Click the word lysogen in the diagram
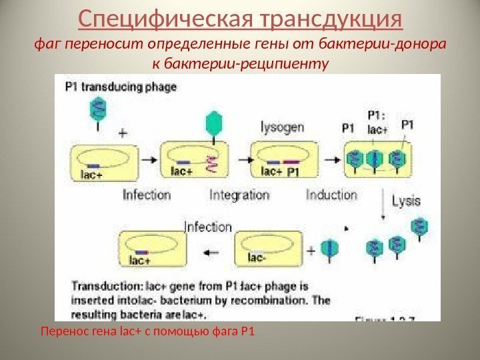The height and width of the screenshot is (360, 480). click(x=282, y=126)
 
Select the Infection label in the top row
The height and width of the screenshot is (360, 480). click(x=147, y=195)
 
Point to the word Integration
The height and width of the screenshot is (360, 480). click(x=238, y=195)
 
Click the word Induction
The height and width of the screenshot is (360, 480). click(x=331, y=195)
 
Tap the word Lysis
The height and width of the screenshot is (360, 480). click(x=406, y=200)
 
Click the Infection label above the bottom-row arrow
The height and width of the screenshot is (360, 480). click(x=207, y=227)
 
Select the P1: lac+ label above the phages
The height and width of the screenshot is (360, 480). click(x=377, y=123)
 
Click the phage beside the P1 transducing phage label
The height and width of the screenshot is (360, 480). click(x=98, y=109)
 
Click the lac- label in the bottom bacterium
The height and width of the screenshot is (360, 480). click(x=257, y=257)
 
